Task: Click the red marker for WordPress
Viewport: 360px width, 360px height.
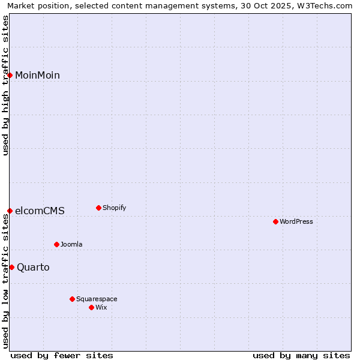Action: coord(275,221)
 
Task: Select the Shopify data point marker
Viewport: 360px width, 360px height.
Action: coord(98,208)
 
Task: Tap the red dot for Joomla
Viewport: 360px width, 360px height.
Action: coord(56,244)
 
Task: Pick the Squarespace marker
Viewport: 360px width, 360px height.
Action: coord(72,299)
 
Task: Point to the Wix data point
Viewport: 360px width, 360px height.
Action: coord(91,307)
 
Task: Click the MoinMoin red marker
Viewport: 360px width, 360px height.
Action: coord(10,75)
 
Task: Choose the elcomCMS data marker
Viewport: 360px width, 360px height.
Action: coord(10,211)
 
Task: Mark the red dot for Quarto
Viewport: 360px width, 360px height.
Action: coord(11,267)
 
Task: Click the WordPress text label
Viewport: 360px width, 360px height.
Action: coord(296,221)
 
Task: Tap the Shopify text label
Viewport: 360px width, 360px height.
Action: coord(115,208)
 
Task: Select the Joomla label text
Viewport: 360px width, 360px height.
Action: coord(71,244)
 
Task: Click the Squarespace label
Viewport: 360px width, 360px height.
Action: coord(97,299)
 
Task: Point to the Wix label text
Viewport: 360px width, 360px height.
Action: coord(101,307)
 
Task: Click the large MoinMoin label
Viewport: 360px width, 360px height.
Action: coord(37,75)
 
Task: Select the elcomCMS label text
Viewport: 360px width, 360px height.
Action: coord(40,211)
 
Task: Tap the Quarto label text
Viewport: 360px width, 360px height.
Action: coord(33,267)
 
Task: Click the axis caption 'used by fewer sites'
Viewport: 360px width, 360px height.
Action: coord(62,355)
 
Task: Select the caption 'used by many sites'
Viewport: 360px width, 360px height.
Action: coord(301,355)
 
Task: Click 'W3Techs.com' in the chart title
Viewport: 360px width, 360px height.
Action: coord(326,5)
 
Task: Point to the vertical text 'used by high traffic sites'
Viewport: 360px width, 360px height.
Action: coord(5,85)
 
